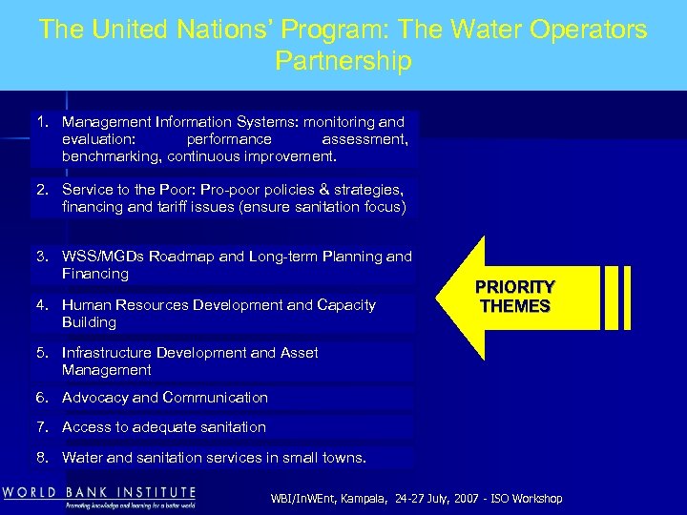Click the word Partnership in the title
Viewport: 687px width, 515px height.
[343, 61]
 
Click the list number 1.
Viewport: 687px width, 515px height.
[42, 122]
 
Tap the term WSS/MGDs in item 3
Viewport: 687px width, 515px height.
[101, 256]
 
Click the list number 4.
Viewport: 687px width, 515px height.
[42, 305]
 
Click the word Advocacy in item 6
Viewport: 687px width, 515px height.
[95, 398]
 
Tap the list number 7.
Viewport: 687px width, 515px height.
[42, 427]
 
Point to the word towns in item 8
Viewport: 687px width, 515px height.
[342, 458]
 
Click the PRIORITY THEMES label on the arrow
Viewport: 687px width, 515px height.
[514, 297]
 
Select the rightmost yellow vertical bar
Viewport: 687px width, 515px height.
[625, 297]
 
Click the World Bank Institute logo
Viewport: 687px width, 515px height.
[99, 497]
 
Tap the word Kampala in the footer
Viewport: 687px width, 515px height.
[385, 499]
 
